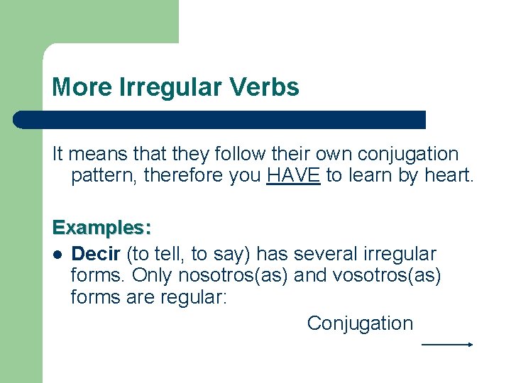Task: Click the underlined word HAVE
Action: [x=294, y=176]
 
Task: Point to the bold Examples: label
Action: [x=101, y=228]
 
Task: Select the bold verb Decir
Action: [x=96, y=253]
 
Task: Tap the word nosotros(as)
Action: [x=233, y=275]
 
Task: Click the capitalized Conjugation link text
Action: [x=360, y=323]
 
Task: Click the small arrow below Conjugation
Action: [x=447, y=345]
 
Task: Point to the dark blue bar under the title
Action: [x=220, y=119]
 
